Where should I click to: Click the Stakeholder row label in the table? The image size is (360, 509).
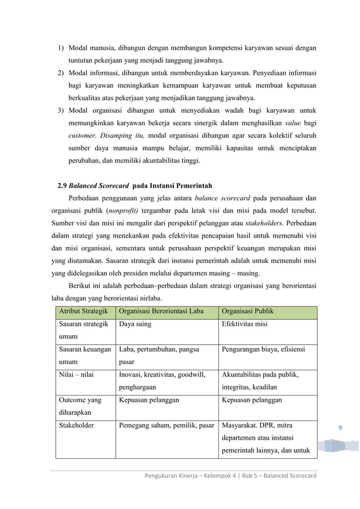[77, 425]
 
